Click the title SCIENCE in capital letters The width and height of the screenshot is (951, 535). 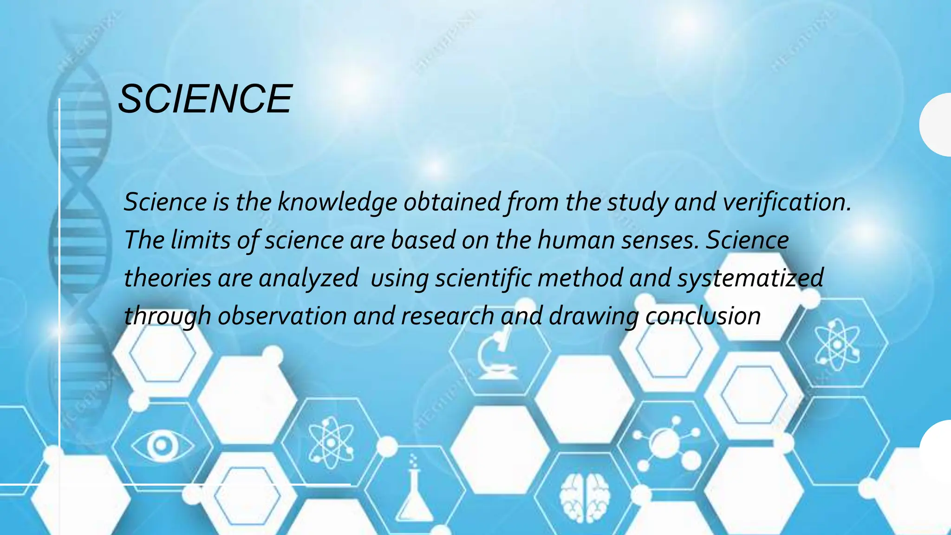pos(205,99)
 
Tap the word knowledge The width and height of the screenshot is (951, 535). pos(338,203)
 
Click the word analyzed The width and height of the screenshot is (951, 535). pos(308,278)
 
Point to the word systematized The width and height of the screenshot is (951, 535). pos(750,278)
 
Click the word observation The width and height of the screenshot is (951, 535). pos(282,316)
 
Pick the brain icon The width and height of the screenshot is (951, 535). pos(584,497)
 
